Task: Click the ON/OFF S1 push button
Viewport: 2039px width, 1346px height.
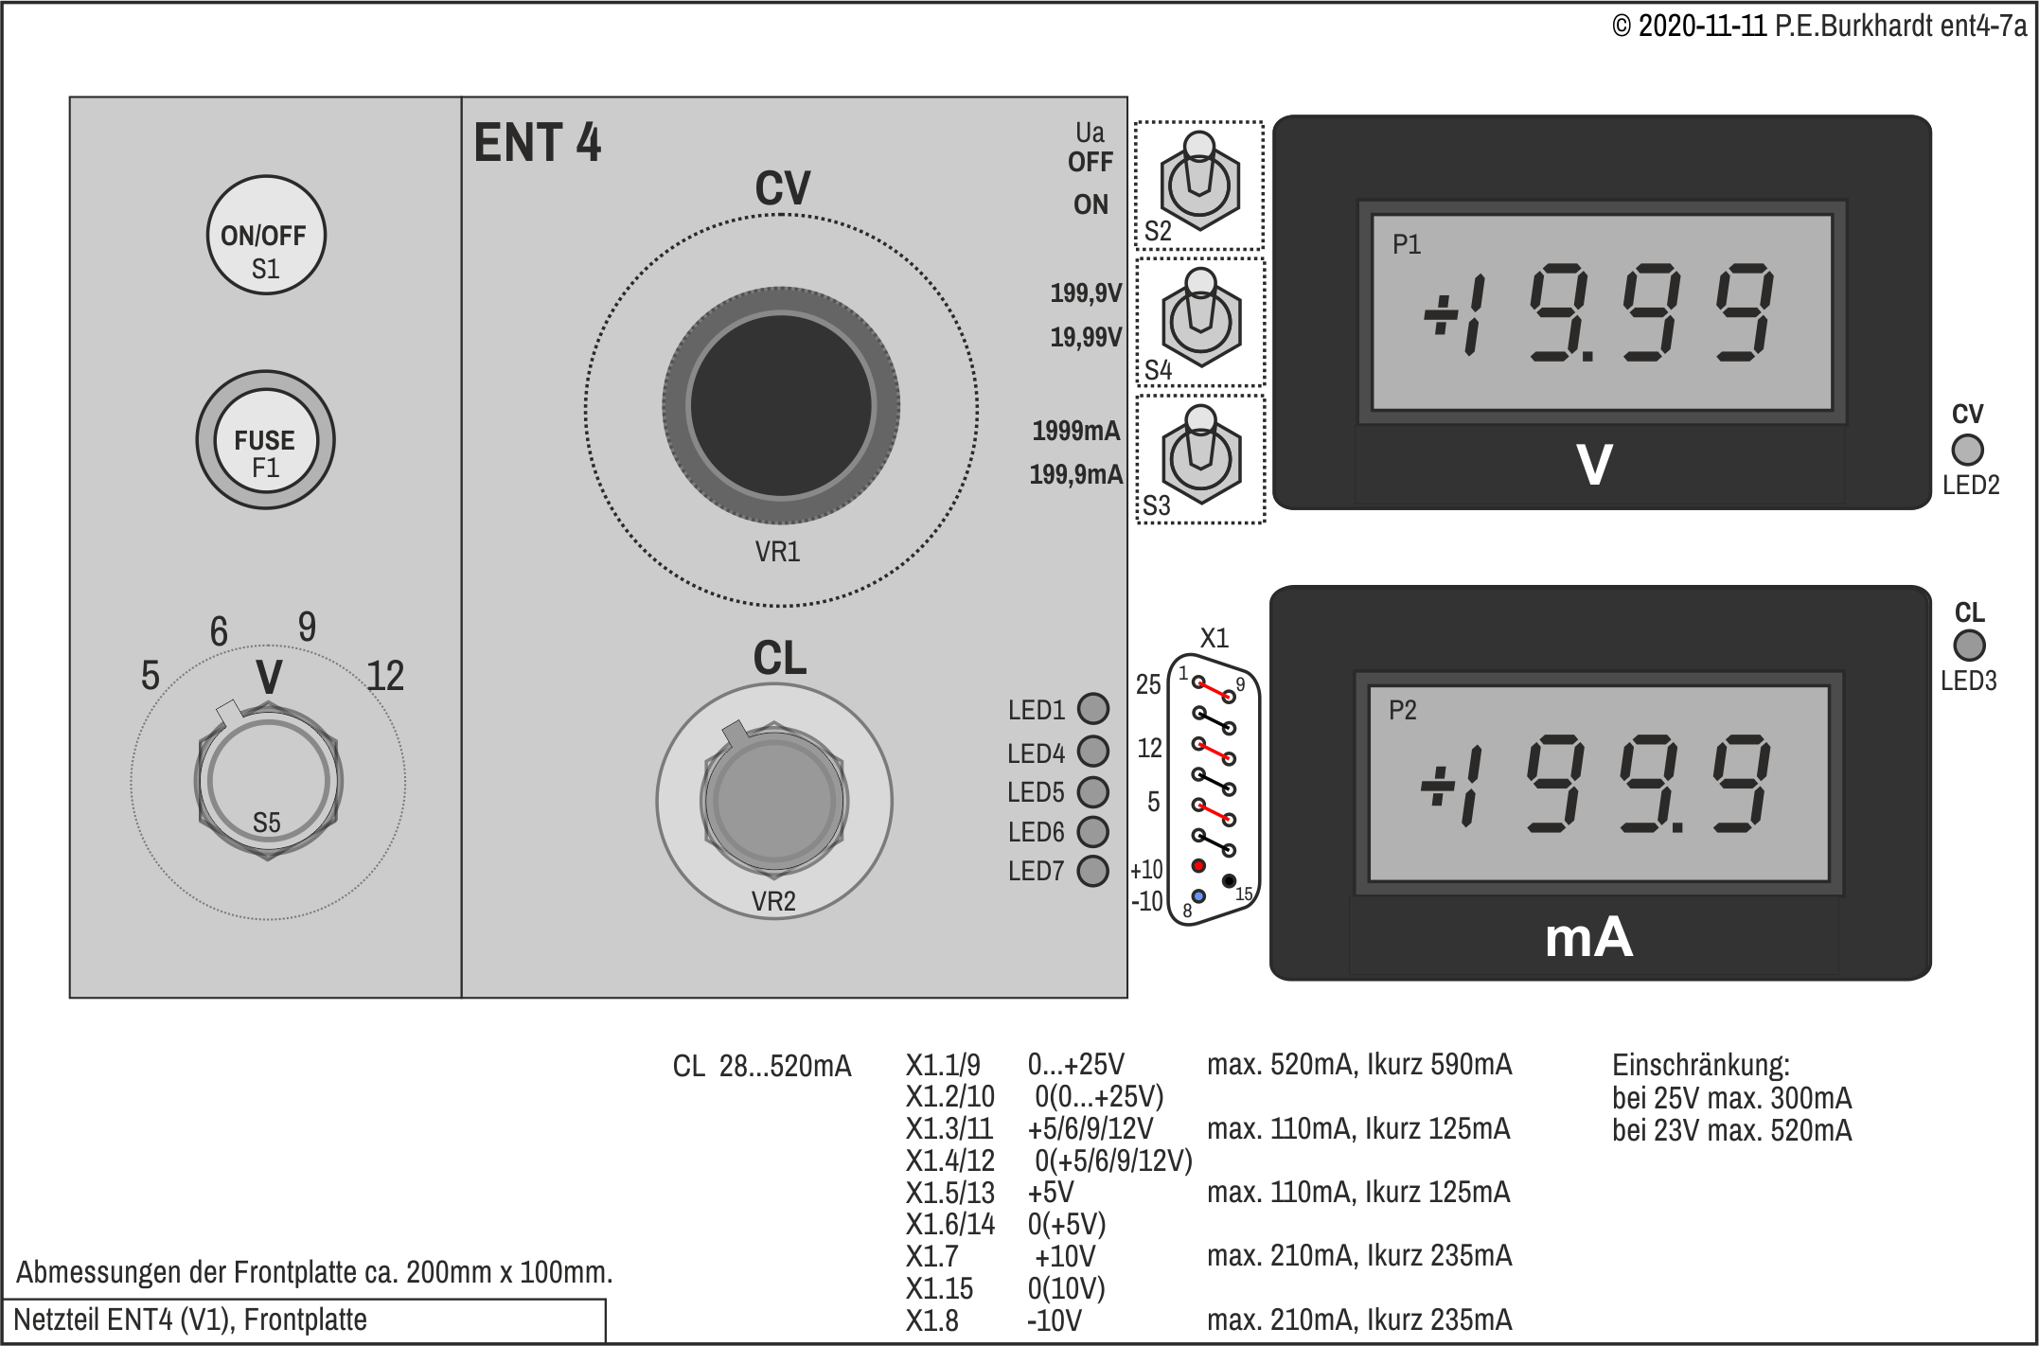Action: tap(265, 235)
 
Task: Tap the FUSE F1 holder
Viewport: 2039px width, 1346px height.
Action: tap(265, 440)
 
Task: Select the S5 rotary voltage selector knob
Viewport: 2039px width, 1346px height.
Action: tap(268, 782)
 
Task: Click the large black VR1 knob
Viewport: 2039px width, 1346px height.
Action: tap(781, 405)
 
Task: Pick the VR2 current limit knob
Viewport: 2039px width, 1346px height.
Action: tap(774, 800)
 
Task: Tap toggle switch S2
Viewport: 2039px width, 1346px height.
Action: tap(1199, 183)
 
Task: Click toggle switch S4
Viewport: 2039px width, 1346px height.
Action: tap(1200, 319)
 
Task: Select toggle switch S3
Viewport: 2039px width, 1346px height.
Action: tap(1200, 456)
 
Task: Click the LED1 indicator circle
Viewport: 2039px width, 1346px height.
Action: tap(1093, 708)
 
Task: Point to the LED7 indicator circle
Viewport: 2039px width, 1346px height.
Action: tap(1093, 871)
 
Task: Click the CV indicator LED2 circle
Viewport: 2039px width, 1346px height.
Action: tap(1967, 450)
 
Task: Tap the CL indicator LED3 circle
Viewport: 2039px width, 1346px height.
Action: tap(1969, 646)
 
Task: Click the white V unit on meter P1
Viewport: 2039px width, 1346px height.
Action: tap(1595, 465)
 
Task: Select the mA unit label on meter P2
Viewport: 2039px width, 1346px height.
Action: tap(1588, 938)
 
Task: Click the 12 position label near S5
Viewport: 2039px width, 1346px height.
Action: tap(385, 676)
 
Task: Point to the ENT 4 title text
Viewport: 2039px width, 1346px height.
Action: tap(537, 143)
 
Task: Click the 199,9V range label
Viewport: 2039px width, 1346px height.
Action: tap(1086, 292)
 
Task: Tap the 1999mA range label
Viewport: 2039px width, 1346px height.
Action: tap(1076, 431)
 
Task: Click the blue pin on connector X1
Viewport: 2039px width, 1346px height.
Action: tap(1198, 895)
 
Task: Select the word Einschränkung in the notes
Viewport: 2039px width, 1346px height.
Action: tap(1701, 1065)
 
